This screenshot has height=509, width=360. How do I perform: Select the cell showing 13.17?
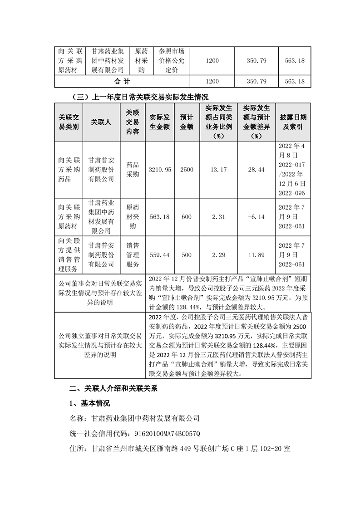click(x=218, y=170)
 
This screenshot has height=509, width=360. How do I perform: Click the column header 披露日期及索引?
click(x=293, y=122)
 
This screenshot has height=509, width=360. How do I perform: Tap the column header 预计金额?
click(x=187, y=122)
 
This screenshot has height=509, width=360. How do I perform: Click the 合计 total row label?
click(x=123, y=82)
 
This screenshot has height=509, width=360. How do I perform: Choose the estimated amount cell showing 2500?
click(x=187, y=170)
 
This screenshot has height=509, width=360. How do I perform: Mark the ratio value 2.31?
click(x=218, y=217)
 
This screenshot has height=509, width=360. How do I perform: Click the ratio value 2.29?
click(x=218, y=255)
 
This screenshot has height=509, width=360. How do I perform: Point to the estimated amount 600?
click(x=187, y=217)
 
